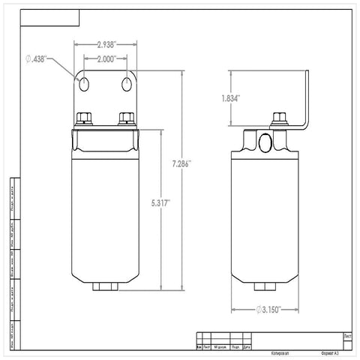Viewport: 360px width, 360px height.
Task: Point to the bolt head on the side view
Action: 280,118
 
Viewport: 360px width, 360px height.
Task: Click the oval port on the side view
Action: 265,142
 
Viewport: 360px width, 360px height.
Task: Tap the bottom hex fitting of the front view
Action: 104,286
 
